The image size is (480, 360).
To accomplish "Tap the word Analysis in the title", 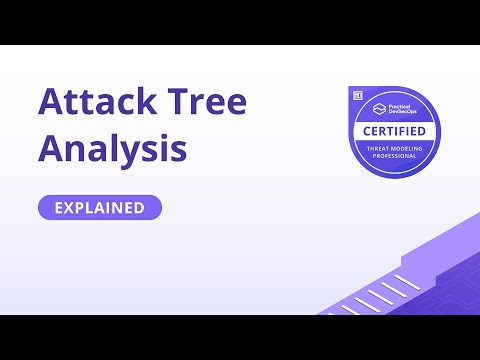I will tap(113, 149).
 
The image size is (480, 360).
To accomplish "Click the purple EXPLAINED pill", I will tap(100, 208).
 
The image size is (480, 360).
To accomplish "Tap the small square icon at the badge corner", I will tap(356, 92).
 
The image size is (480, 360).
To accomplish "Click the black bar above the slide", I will tap(240, 22).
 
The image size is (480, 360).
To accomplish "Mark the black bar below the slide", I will tap(240, 337).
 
